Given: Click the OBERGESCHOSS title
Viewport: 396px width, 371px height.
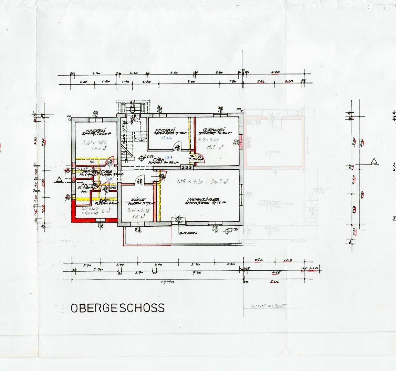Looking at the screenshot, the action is point(118,308).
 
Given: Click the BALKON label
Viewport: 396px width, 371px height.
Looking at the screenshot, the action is point(188,233).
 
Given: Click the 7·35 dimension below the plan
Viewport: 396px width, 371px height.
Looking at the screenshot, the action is point(197,273).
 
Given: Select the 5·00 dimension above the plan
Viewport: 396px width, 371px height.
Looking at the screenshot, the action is point(191,82).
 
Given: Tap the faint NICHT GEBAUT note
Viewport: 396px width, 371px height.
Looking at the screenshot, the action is point(265,307).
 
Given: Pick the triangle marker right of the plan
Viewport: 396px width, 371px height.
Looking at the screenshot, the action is point(373,161).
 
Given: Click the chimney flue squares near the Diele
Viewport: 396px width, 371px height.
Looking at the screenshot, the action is point(186,167).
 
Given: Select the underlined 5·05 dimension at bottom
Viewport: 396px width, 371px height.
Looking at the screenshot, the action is point(274,282).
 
